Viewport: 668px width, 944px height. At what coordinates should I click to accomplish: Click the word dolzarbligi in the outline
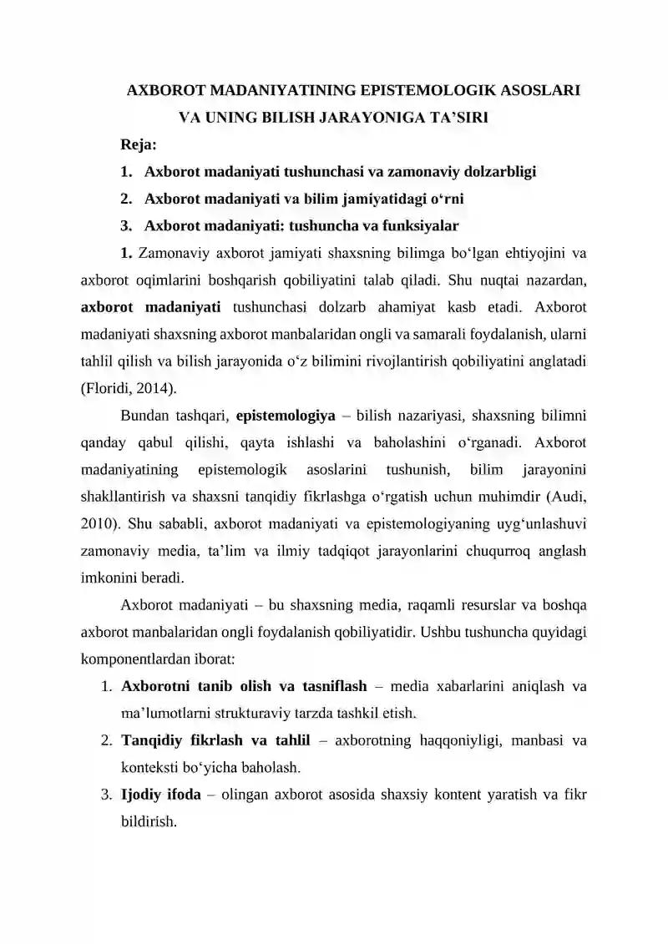click(x=493, y=172)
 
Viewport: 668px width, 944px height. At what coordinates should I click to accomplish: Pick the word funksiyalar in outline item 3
click(x=417, y=225)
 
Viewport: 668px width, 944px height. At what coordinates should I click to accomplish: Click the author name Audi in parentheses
click(x=569, y=497)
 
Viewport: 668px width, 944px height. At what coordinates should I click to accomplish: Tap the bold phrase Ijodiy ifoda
click(x=161, y=794)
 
